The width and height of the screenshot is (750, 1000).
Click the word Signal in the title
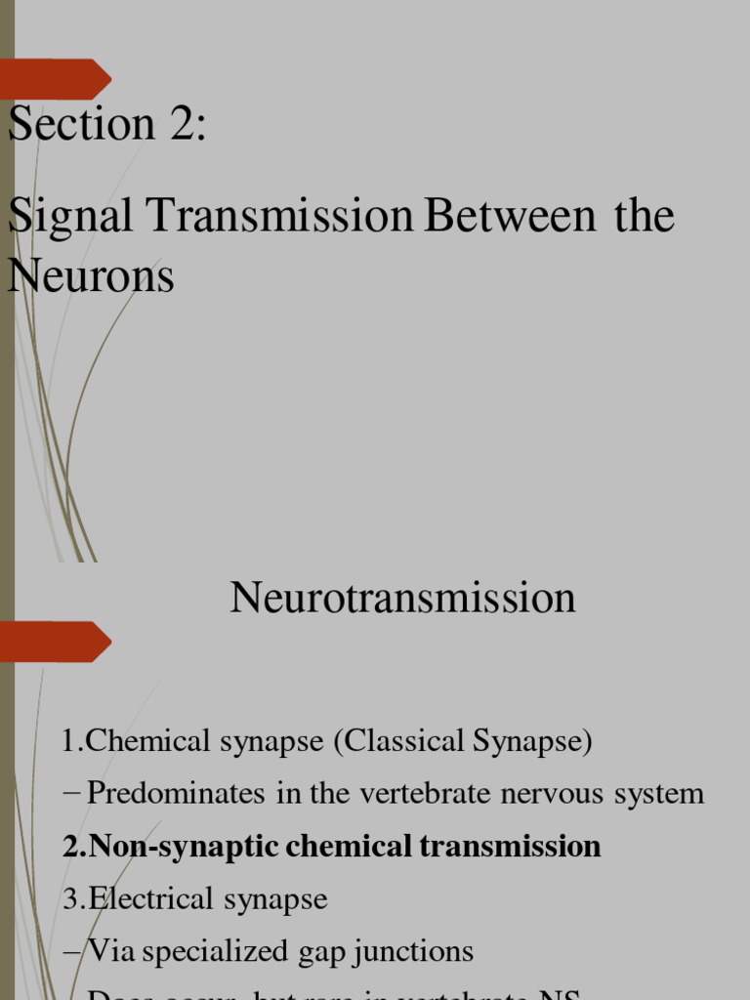click(x=70, y=216)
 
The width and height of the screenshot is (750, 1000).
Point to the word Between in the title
click(x=509, y=216)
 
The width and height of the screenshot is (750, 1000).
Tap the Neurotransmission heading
click(x=402, y=597)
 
